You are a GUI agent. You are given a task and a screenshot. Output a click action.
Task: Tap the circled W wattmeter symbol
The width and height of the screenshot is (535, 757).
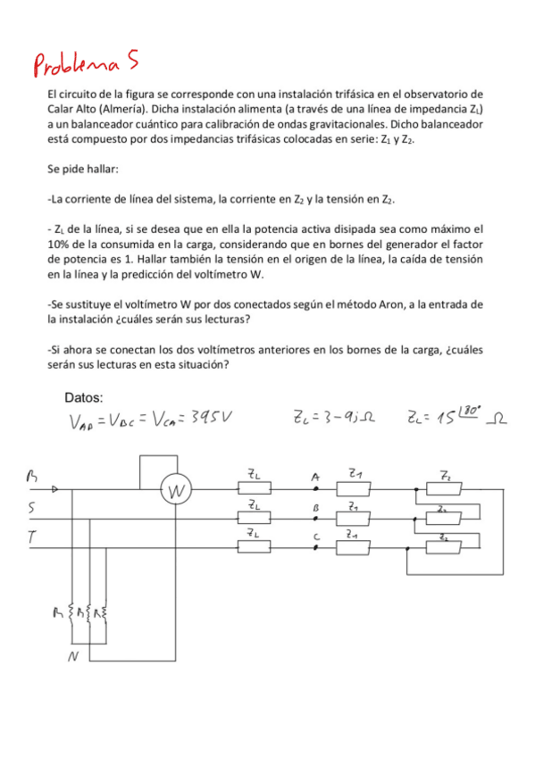click(x=177, y=490)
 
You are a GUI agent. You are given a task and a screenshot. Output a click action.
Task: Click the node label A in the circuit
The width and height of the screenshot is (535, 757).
click(x=315, y=477)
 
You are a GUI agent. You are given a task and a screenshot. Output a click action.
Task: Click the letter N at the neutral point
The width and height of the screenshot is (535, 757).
click(x=74, y=660)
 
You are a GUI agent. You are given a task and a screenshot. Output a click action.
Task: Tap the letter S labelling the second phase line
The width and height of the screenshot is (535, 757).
click(x=32, y=508)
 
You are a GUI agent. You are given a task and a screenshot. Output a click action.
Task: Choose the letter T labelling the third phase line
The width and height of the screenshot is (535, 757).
click(x=31, y=537)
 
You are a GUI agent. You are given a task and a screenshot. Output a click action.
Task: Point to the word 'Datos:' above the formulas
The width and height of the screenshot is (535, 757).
click(x=84, y=396)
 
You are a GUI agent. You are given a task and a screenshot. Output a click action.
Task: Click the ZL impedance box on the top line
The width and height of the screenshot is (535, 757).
click(x=254, y=489)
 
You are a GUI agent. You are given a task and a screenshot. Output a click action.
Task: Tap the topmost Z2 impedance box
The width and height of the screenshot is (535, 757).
click(x=443, y=489)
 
